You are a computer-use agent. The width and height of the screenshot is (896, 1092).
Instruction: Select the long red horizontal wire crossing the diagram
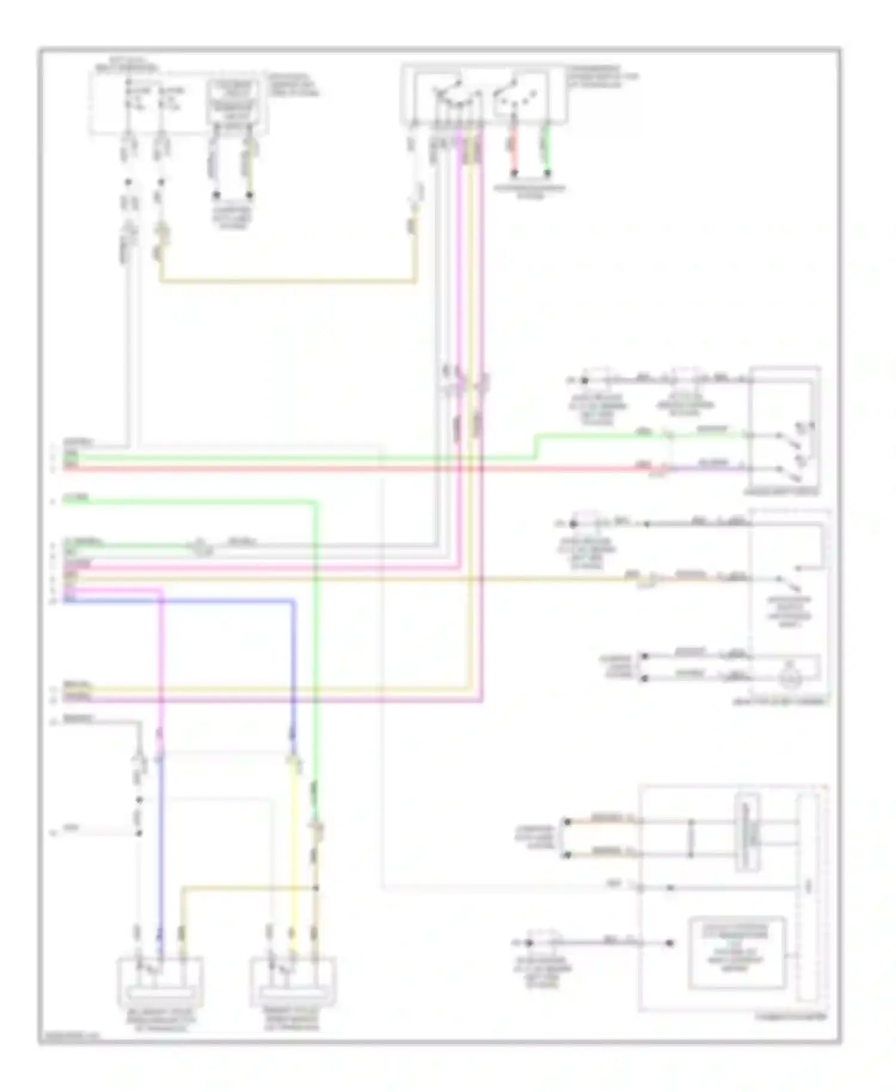[358, 468]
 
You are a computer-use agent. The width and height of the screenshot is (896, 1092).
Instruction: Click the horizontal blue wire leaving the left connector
[179, 600]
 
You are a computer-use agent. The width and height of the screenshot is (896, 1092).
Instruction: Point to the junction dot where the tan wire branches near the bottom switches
[316, 888]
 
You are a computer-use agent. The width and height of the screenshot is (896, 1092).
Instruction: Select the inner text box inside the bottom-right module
[737, 952]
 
